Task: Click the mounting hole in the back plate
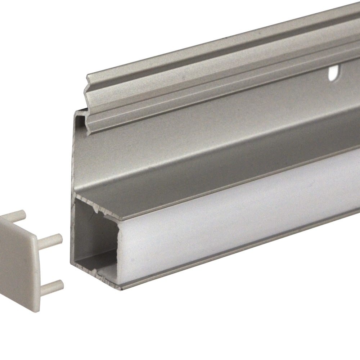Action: click(x=333, y=73)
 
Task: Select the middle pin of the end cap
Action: click(x=51, y=238)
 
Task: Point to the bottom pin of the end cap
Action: click(x=53, y=285)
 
